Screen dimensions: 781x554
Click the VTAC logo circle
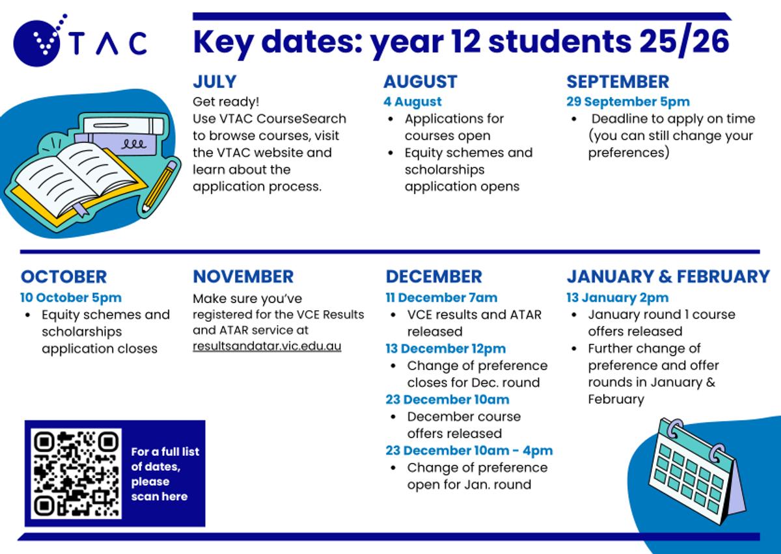[36, 44]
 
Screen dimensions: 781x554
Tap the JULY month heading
[215, 82]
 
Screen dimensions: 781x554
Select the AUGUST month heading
[420, 82]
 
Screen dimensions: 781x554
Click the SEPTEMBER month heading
[618, 82]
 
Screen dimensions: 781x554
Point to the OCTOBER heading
[64, 277]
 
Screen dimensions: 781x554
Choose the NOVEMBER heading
[243, 276]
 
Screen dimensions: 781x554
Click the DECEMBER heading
[433, 276]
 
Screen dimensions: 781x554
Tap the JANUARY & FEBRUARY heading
[668, 276]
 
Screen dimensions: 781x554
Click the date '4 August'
[413, 101]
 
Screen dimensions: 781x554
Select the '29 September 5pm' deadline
[628, 101]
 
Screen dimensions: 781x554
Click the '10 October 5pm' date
[71, 298]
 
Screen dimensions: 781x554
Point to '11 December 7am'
[441, 298]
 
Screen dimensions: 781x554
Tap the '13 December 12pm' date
[446, 349]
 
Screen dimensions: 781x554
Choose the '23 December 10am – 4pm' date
[469, 451]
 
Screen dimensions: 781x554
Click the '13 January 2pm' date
[618, 298]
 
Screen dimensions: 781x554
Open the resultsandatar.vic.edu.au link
[267, 346]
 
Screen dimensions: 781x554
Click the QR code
[76, 473]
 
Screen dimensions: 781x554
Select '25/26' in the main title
[684, 42]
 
